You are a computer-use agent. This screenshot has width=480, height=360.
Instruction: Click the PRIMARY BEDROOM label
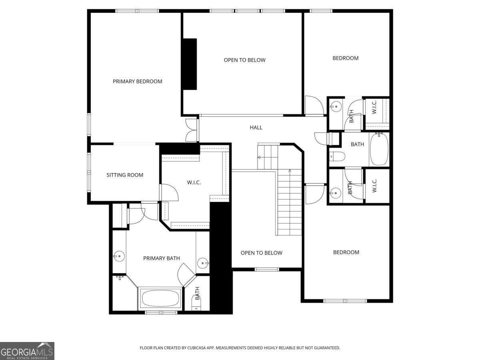(x=137, y=82)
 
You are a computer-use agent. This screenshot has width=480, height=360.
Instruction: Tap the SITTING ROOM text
(x=124, y=175)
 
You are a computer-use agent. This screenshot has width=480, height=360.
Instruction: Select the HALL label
(x=256, y=128)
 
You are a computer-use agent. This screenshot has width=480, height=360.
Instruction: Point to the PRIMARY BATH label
(x=161, y=258)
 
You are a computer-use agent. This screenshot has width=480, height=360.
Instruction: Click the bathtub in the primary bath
(x=160, y=298)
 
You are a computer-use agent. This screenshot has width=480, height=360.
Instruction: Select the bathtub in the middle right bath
(x=379, y=150)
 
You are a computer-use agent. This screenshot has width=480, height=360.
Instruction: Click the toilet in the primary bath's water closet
(x=196, y=307)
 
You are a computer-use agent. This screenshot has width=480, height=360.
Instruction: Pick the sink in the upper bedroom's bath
(x=335, y=106)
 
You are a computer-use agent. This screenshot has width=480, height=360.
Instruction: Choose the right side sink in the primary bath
(x=204, y=263)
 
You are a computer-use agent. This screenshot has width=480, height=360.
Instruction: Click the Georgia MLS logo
(x=27, y=351)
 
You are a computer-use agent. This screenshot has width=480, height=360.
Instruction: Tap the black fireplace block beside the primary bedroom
(x=189, y=64)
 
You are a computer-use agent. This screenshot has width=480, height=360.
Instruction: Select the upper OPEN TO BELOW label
(x=244, y=60)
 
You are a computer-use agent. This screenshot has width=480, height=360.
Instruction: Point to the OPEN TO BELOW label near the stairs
(x=261, y=253)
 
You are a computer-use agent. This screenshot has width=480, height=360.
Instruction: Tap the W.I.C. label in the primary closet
(x=194, y=183)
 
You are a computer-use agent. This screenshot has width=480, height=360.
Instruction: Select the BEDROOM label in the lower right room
(x=346, y=252)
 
